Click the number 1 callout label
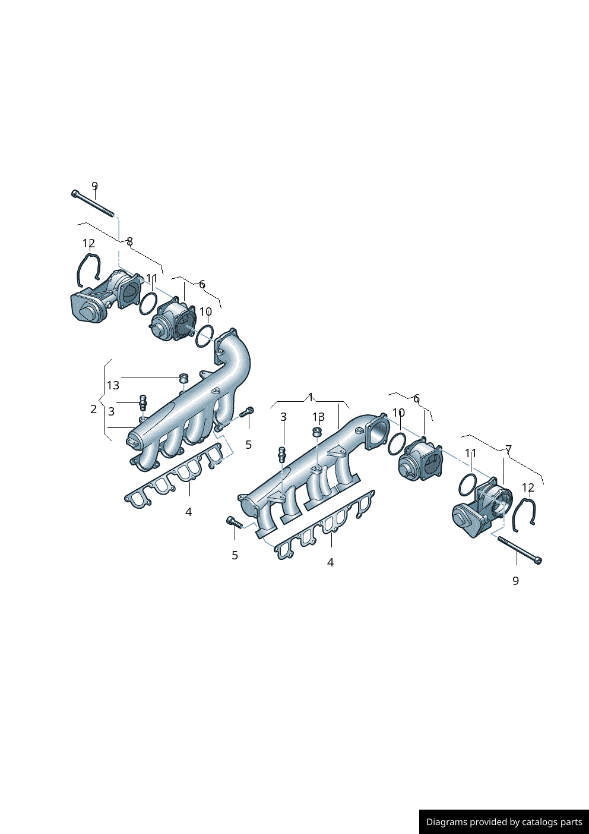pos(311,397)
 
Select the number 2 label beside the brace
pos(94,409)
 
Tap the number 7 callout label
pos(509,449)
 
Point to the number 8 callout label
pos(130,242)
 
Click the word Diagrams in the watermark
pos(445,822)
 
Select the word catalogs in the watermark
pos(546,822)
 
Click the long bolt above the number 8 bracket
pos(93,203)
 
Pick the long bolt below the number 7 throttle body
pos(520,550)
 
